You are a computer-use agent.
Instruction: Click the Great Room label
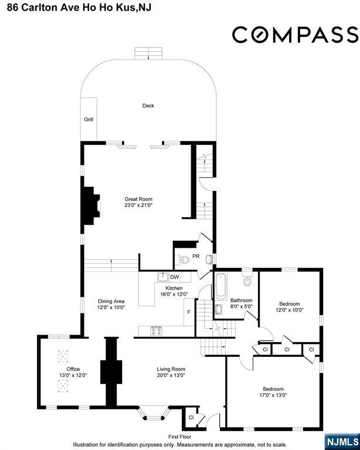tap(138, 199)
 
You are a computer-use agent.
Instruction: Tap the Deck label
tap(148, 105)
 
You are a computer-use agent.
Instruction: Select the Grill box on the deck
tap(89, 119)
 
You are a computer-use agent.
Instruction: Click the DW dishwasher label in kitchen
tap(175, 277)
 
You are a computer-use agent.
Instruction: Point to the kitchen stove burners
tap(156, 331)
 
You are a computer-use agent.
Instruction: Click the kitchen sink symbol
tap(163, 277)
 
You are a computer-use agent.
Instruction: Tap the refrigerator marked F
tap(189, 312)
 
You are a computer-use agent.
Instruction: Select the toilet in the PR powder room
tap(184, 260)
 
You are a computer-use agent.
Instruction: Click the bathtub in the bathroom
tap(221, 287)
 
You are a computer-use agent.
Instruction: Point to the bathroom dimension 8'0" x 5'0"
tap(242, 306)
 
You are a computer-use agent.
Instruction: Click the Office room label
tap(73, 369)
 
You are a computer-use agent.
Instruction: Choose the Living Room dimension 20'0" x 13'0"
tap(171, 375)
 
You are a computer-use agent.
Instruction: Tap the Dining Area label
tap(111, 301)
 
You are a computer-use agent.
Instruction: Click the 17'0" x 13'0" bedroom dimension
tap(273, 395)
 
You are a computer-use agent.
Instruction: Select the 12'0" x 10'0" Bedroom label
tap(290, 304)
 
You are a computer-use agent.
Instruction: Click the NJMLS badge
tap(342, 442)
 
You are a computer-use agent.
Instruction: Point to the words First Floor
tap(180, 437)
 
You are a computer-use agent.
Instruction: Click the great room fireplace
tap(91, 206)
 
